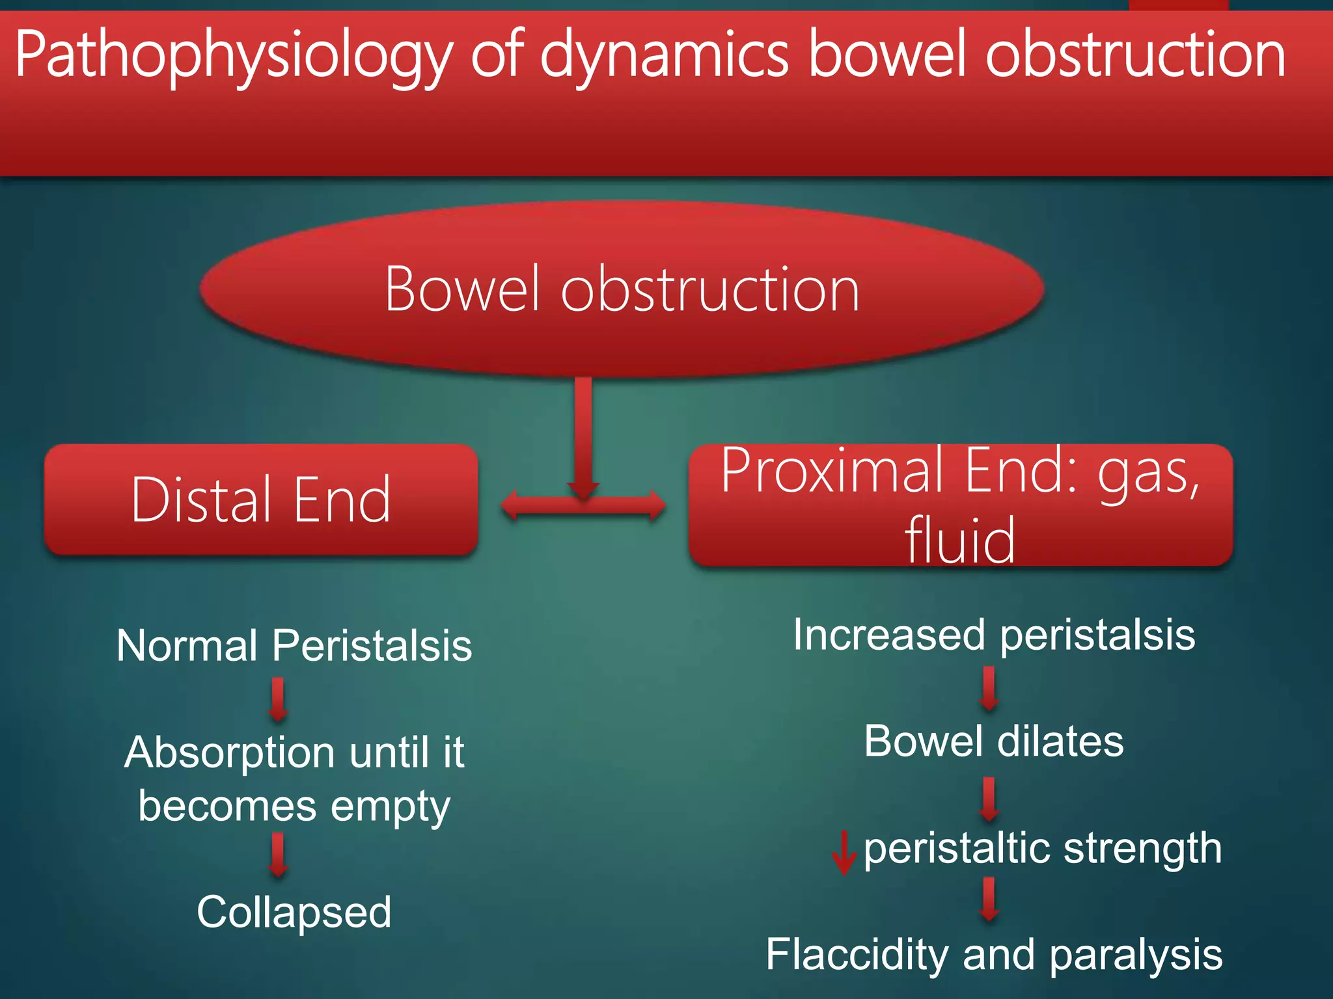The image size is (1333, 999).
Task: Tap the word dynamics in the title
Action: (664, 57)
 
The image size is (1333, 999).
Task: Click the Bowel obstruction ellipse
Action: (622, 289)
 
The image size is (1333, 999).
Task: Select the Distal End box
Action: (261, 499)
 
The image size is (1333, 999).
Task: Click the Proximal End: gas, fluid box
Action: (961, 505)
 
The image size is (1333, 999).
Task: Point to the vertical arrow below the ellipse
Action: (583, 436)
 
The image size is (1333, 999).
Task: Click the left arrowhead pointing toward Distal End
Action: (511, 505)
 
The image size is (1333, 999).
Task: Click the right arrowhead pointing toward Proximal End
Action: (656, 505)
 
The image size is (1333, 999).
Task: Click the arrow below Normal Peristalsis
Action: (279, 700)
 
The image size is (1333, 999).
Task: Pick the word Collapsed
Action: (294, 912)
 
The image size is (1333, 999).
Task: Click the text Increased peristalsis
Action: (994, 635)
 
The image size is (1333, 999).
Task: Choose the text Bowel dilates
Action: (994, 741)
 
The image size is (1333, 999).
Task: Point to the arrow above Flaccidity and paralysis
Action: (989, 899)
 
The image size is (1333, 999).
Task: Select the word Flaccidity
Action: (857, 955)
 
